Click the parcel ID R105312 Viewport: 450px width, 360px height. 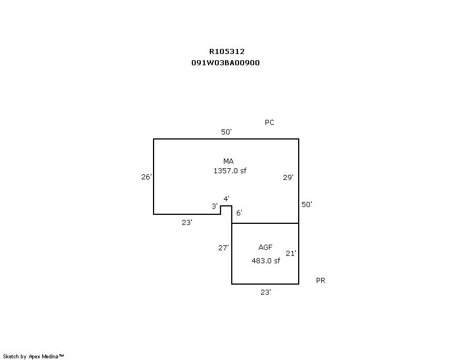pyautogui.click(x=227, y=52)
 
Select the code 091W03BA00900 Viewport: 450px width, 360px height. pyautogui.click(x=226, y=63)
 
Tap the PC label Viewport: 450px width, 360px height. pyautogui.click(x=269, y=123)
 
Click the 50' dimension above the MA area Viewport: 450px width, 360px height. pyautogui.click(x=226, y=132)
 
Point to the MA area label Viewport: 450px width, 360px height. pyautogui.click(x=228, y=161)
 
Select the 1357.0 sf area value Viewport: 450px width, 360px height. pyautogui.click(x=230, y=171)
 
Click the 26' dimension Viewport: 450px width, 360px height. pyautogui.click(x=146, y=177)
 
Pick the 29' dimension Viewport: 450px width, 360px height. pyautogui.click(x=288, y=177)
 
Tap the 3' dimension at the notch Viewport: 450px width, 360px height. pyautogui.click(x=214, y=206)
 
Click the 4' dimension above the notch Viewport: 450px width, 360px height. pyautogui.click(x=227, y=199)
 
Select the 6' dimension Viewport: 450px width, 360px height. pyautogui.click(x=239, y=213)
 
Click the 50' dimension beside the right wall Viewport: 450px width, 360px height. pyautogui.click(x=307, y=204)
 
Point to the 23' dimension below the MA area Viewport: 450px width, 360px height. pyautogui.click(x=187, y=223)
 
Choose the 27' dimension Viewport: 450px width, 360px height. pyautogui.click(x=223, y=247)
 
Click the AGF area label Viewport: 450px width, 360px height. pyautogui.click(x=265, y=247)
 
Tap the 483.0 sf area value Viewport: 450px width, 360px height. pyautogui.click(x=265, y=260)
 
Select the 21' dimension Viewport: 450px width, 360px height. pyautogui.click(x=291, y=254)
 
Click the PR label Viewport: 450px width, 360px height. pyautogui.click(x=321, y=281)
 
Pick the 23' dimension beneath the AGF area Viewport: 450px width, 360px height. pyautogui.click(x=265, y=292)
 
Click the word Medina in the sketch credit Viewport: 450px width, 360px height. pyautogui.click(x=50, y=357)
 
